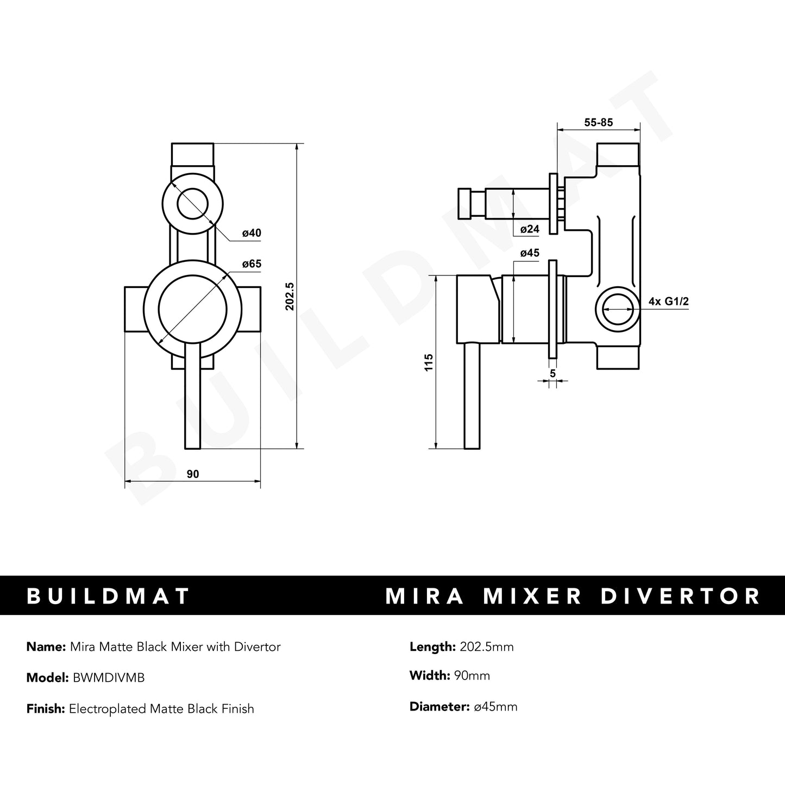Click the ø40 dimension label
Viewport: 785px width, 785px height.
click(252, 233)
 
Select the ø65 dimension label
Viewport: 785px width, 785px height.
click(252, 264)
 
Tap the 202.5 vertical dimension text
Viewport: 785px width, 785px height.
click(290, 296)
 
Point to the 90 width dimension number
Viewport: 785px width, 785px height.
click(193, 474)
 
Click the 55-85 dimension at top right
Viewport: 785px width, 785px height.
click(598, 123)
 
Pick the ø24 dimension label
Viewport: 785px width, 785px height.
click(530, 229)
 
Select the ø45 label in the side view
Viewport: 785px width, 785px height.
click(530, 253)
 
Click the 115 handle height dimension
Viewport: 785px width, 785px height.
click(429, 362)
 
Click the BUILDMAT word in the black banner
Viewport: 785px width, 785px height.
click(108, 595)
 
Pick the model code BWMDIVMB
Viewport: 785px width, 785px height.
click(106, 678)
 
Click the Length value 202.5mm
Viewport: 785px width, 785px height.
click(486, 646)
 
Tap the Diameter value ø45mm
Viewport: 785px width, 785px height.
click(495, 707)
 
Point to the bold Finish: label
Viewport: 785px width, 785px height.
click(46, 709)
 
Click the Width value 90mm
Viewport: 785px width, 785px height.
click(470, 676)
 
